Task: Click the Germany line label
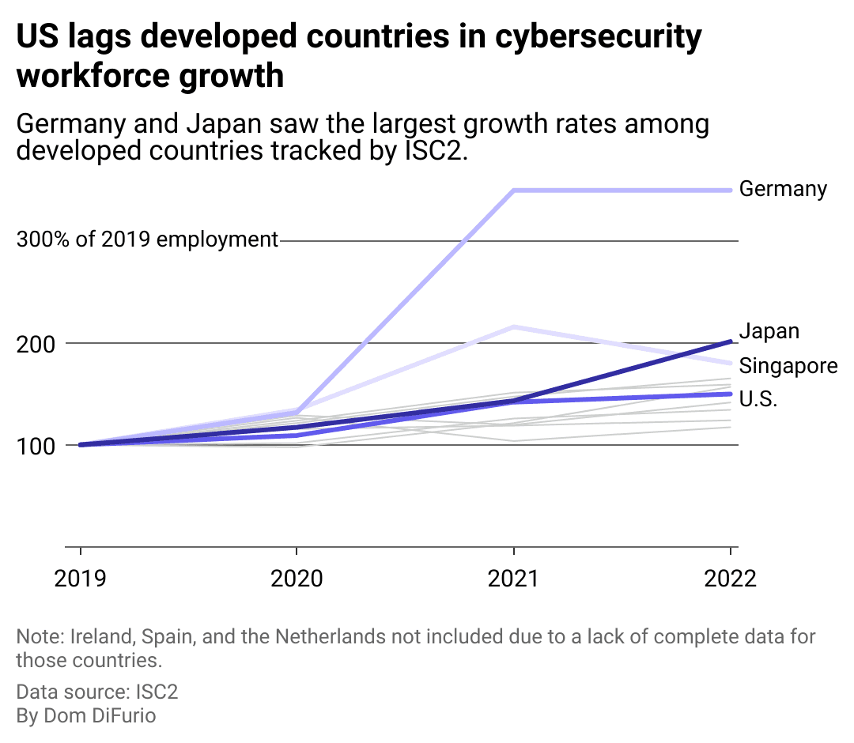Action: coord(783,189)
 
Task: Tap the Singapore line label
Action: coord(788,366)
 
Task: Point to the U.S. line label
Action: coord(758,400)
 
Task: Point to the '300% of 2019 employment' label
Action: coord(147,239)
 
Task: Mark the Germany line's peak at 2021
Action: coord(514,190)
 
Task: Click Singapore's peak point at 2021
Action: coord(514,326)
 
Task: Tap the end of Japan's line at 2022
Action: coord(730,341)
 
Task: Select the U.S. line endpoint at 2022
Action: coord(730,394)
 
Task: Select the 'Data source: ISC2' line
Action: coord(97,692)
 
